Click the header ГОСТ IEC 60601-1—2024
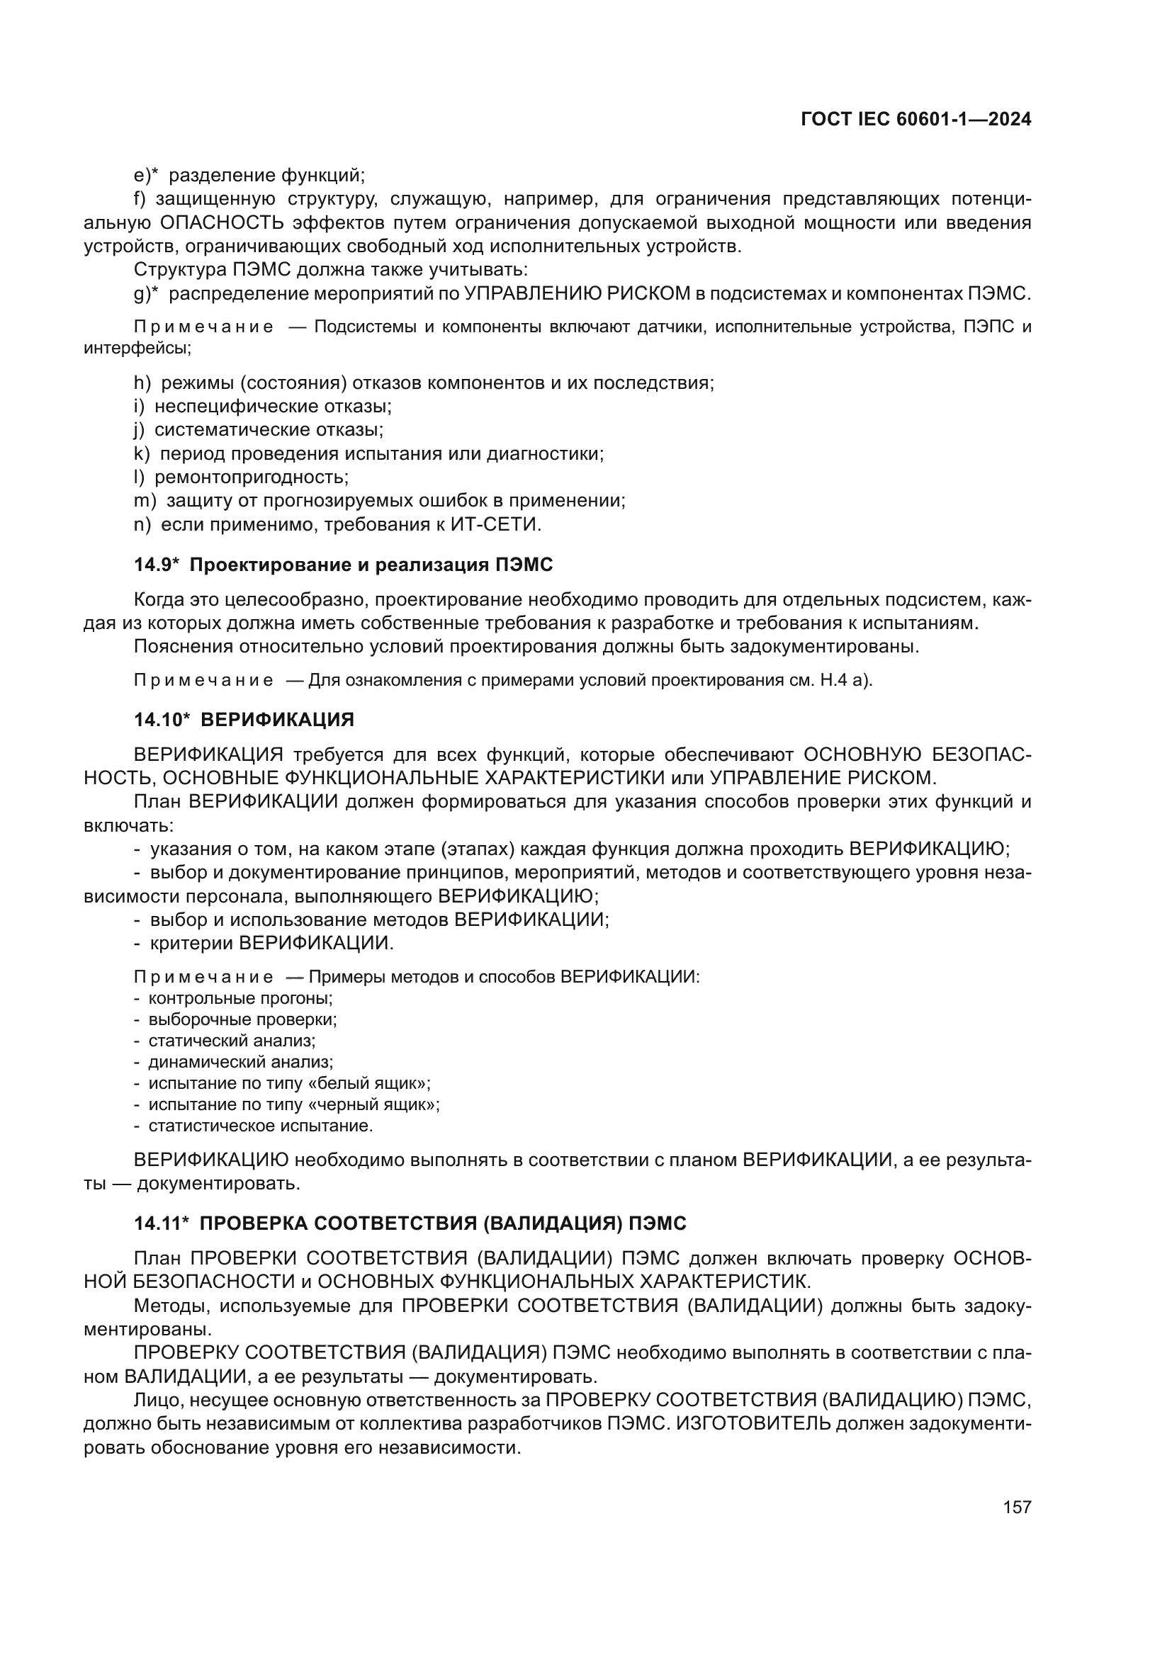point(915,120)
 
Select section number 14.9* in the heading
point(156,565)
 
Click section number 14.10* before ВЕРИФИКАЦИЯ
point(161,720)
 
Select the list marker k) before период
point(142,454)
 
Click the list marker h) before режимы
point(142,383)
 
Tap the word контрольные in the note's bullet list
point(192,999)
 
